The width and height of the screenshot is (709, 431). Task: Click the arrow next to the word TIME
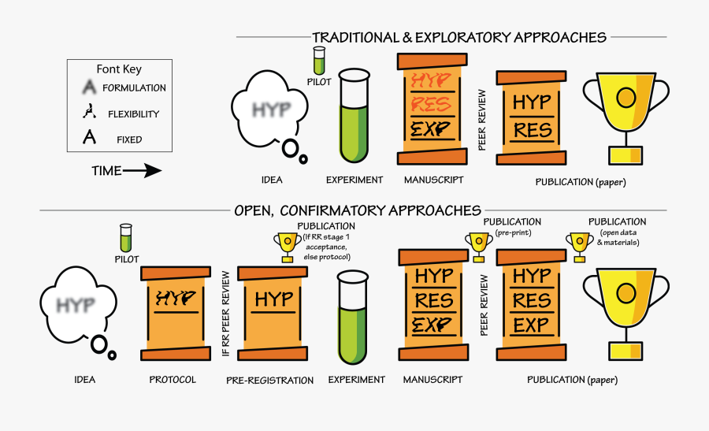pyautogui.click(x=142, y=171)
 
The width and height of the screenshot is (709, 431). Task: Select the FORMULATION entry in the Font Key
pyautogui.click(x=125, y=88)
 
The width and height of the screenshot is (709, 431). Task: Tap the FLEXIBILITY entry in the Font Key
pyautogui.click(x=125, y=114)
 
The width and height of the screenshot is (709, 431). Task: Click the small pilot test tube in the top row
pyautogui.click(x=319, y=60)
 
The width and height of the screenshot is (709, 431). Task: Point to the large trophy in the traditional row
pyautogui.click(x=625, y=112)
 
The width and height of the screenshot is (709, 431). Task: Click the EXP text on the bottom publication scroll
pyautogui.click(x=532, y=325)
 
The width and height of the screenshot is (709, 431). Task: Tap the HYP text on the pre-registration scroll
pyautogui.click(x=273, y=299)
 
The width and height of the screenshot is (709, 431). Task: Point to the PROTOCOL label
pyautogui.click(x=173, y=380)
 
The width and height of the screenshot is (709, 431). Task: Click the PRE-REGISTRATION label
pyautogui.click(x=269, y=381)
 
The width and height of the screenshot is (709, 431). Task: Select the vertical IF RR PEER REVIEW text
pyautogui.click(x=225, y=314)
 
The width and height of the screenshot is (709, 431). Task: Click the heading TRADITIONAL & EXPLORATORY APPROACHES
pyautogui.click(x=458, y=37)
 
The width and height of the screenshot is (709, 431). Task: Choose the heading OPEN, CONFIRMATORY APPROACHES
pyautogui.click(x=357, y=210)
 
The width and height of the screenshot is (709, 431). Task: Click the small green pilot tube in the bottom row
pyautogui.click(x=125, y=238)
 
